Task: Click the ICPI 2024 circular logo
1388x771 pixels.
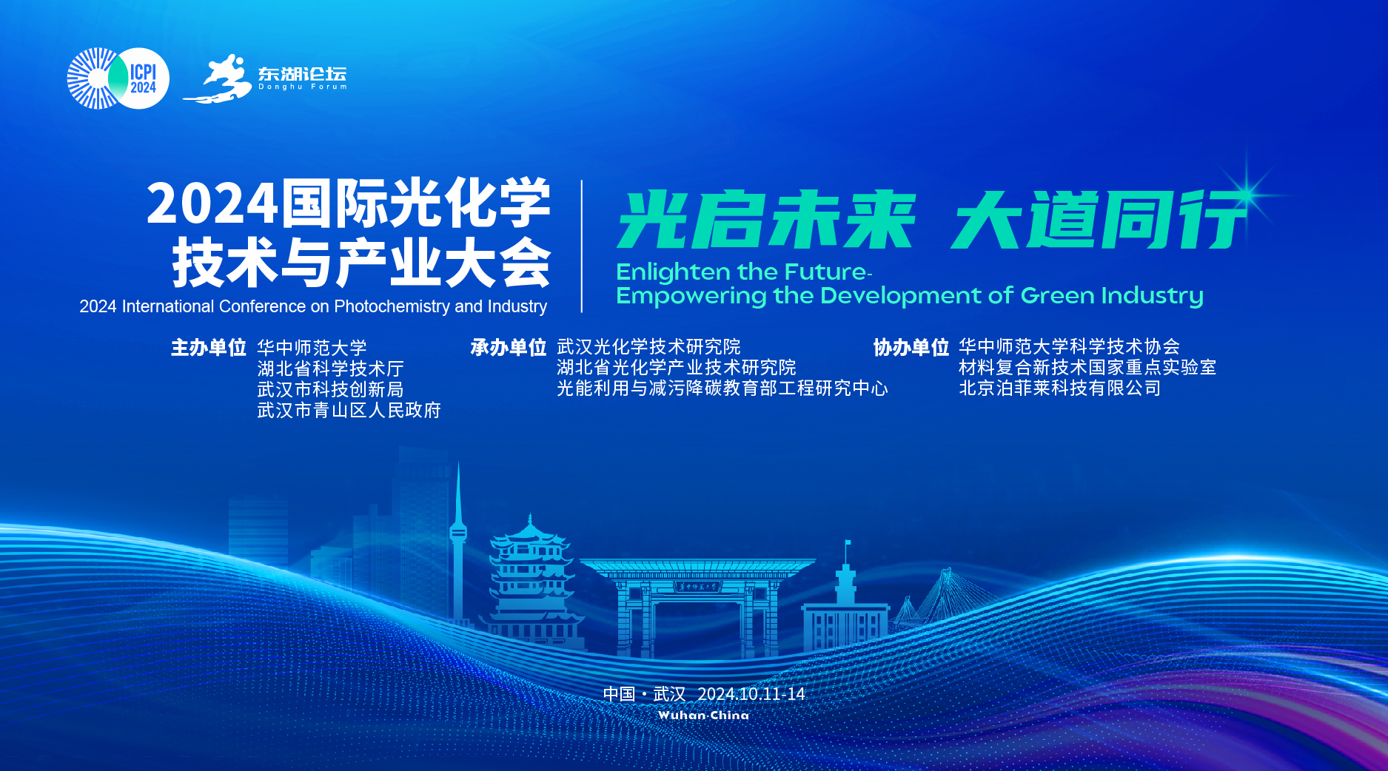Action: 118,78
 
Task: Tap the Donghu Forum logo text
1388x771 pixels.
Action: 302,78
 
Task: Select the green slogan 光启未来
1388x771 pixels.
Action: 766,220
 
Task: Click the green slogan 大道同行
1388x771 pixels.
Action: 1099,220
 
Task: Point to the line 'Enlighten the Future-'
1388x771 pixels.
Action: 744,272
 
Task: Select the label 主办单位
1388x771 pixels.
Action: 209,348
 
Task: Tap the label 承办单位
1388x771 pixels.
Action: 509,347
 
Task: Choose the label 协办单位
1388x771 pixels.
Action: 911,347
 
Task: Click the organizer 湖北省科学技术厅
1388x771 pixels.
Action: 330,368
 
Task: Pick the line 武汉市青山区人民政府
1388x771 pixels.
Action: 349,410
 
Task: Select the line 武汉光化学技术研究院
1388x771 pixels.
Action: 648,347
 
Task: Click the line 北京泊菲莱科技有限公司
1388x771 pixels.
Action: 1060,388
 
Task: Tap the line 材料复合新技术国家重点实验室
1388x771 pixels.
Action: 1087,368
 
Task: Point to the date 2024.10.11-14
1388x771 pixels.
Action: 751,694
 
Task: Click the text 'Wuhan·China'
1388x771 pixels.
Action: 703,716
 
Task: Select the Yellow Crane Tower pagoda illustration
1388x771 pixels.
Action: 531,581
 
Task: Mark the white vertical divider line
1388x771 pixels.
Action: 582,246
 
